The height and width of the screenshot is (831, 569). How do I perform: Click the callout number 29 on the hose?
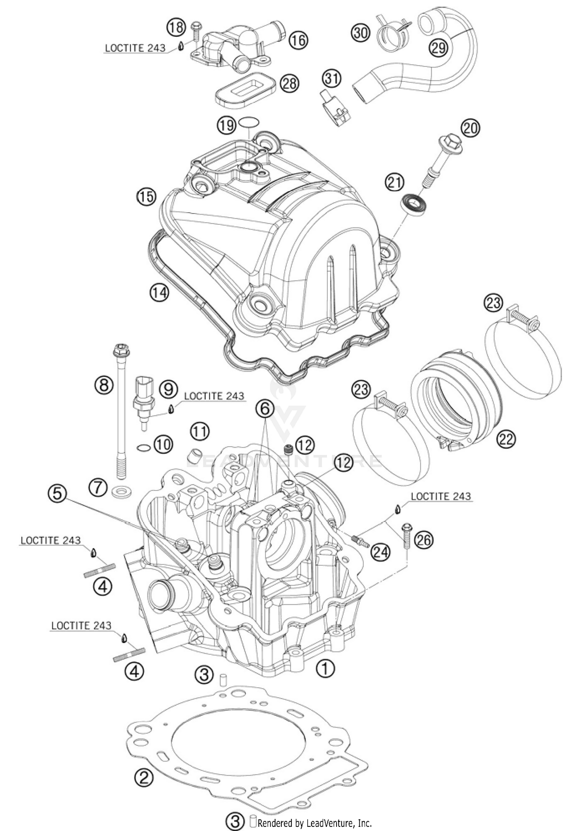coord(439,47)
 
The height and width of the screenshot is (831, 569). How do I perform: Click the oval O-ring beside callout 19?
coord(249,122)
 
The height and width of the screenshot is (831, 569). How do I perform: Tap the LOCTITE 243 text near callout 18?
coord(135,48)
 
